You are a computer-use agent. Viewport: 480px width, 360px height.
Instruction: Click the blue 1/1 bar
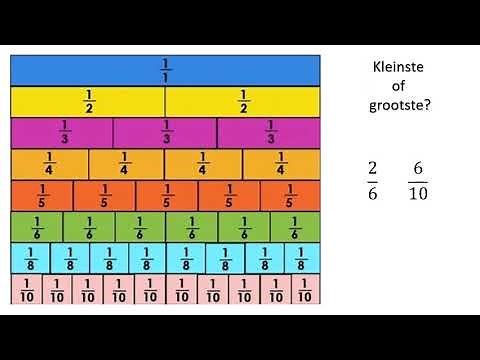(x=165, y=70)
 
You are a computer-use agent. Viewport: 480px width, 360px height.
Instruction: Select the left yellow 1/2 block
(x=88, y=102)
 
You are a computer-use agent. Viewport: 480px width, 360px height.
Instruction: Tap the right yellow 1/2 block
(x=242, y=102)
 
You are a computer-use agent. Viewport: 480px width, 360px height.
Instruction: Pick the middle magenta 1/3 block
(x=165, y=133)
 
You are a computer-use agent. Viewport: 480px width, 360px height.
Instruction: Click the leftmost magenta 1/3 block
(x=62, y=133)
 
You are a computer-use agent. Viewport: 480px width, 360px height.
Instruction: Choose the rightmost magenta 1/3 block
(x=268, y=133)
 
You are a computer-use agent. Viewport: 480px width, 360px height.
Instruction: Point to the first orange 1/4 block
(x=49, y=164)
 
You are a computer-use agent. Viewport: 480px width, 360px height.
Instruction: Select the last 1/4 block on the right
(x=281, y=164)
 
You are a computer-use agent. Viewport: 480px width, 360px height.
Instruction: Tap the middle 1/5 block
(x=166, y=196)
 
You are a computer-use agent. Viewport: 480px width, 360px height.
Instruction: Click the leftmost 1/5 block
(x=41, y=196)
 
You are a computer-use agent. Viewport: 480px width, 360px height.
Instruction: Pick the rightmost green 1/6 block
(x=295, y=227)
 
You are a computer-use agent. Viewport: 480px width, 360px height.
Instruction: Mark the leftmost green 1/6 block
(x=36, y=227)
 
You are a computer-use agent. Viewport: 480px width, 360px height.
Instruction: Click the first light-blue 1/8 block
(x=30, y=259)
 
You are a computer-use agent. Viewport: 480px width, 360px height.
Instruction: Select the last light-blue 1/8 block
(x=301, y=259)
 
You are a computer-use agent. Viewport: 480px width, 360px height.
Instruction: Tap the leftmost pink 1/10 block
(x=26, y=290)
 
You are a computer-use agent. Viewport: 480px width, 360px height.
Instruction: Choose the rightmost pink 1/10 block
(x=305, y=290)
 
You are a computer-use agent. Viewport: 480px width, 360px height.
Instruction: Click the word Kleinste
(x=397, y=67)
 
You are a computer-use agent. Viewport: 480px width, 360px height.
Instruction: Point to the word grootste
(x=397, y=104)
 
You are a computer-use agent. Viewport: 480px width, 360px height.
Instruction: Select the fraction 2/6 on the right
(x=373, y=179)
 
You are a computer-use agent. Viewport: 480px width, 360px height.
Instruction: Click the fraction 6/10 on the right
(x=418, y=179)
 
